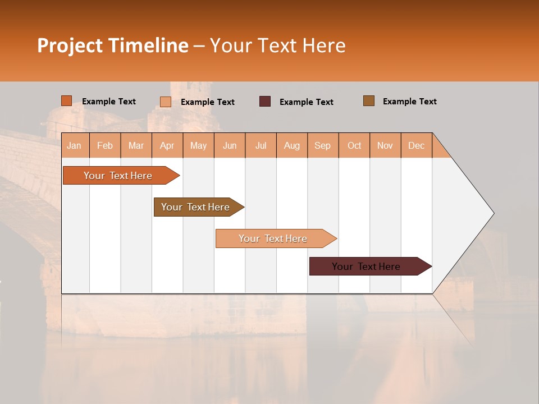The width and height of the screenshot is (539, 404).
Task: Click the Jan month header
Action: [74, 145]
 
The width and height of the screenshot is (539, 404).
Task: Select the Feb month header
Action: [105, 145]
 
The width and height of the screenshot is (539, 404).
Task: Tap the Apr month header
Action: [167, 145]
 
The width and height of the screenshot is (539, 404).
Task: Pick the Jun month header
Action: [230, 145]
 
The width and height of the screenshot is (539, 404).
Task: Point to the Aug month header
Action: [292, 145]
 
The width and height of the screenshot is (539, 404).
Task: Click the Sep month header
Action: [323, 145]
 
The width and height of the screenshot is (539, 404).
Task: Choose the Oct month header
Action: [354, 145]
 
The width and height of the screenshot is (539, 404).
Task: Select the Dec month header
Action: [417, 145]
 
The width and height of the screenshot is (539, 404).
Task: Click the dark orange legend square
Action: [67, 101]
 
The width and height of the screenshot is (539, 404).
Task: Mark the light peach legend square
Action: [166, 102]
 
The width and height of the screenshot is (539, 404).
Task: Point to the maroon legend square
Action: [265, 102]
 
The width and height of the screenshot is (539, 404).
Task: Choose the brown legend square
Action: [369, 101]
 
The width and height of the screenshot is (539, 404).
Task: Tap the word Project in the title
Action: [70, 45]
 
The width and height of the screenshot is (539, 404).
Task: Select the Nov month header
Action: [385, 145]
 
